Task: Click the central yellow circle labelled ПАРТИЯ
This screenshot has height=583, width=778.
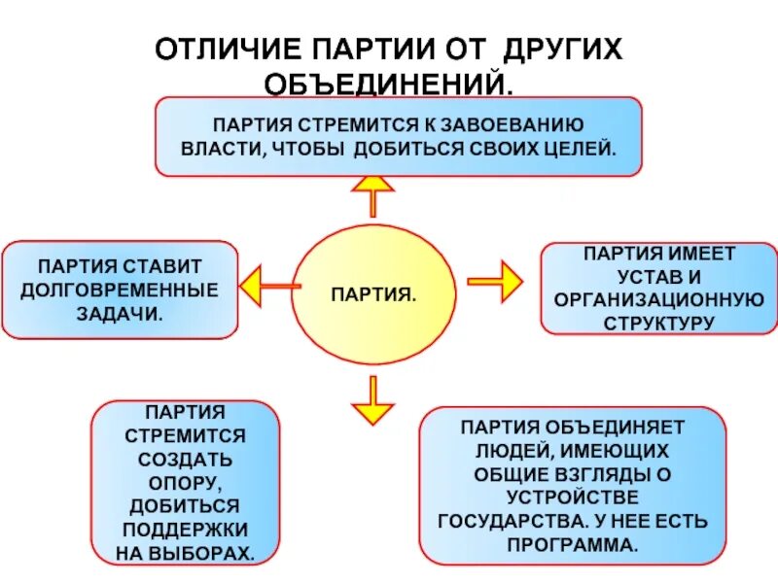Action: click(373, 293)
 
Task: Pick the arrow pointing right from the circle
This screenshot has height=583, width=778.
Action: click(497, 282)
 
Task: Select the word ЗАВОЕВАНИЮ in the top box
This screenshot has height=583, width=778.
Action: click(513, 124)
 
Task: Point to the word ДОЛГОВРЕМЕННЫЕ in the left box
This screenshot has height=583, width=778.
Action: click(120, 289)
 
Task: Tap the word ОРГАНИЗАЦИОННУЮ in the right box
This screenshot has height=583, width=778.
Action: click(658, 298)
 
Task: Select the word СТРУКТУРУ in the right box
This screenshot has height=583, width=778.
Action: click(659, 322)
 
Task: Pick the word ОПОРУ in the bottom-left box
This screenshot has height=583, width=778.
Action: click(185, 482)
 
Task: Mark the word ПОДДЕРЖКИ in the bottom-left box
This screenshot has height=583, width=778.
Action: click(185, 530)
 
